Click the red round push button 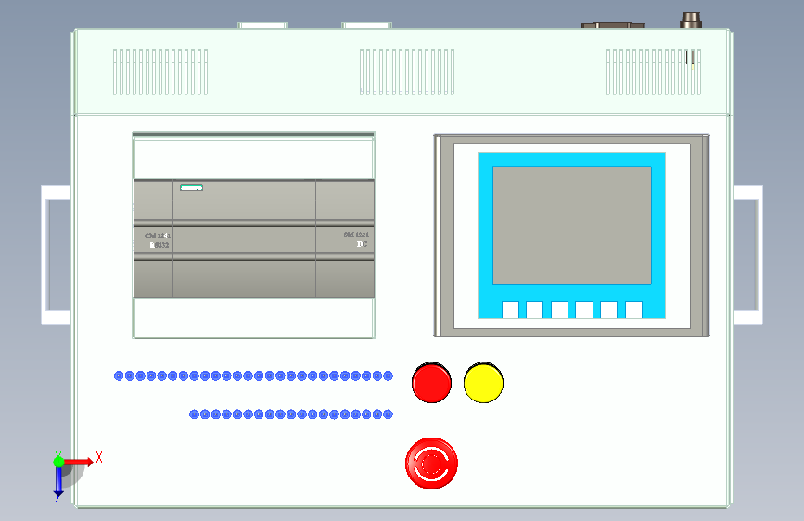click(431, 383)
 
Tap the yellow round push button click(483, 383)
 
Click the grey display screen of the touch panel click(571, 224)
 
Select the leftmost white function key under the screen click(510, 310)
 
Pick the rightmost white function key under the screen click(633, 310)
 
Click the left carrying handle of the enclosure click(55, 255)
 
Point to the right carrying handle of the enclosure click(748, 255)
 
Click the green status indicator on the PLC click(191, 189)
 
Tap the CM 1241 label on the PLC click(158, 236)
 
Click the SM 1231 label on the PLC click(357, 235)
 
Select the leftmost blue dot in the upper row click(119, 375)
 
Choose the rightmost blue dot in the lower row click(389, 414)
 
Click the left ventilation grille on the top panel click(160, 71)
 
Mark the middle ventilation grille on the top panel click(408, 71)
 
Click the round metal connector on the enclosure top click(692, 19)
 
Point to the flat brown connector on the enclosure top click(612, 24)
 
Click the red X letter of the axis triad click(98, 457)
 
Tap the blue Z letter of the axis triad click(58, 498)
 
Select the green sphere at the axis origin click(58, 461)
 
